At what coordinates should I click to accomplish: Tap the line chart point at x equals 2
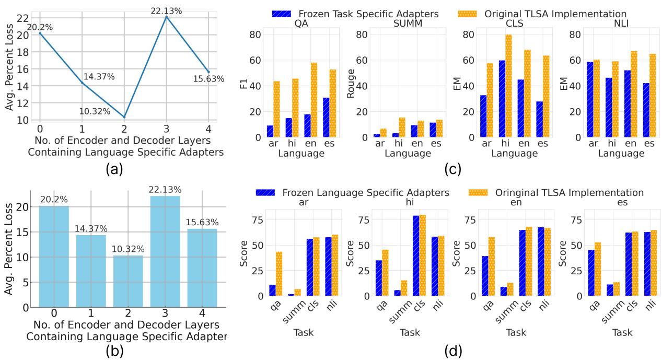[124, 117]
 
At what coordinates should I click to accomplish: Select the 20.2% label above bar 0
[54, 201]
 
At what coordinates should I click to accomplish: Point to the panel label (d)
[449, 349]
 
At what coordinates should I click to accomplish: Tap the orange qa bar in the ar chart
[280, 274]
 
